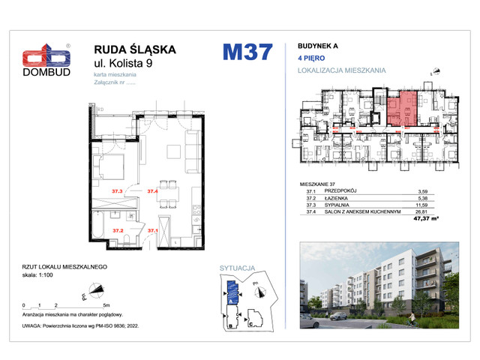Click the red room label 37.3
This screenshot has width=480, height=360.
pyautogui.click(x=116, y=192)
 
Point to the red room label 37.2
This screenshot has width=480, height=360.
pyautogui.click(x=118, y=230)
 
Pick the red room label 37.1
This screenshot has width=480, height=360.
pyautogui.click(x=152, y=230)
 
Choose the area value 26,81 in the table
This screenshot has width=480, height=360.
pyautogui.click(x=430, y=211)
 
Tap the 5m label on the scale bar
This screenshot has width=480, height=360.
pyautogui.click(x=106, y=306)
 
